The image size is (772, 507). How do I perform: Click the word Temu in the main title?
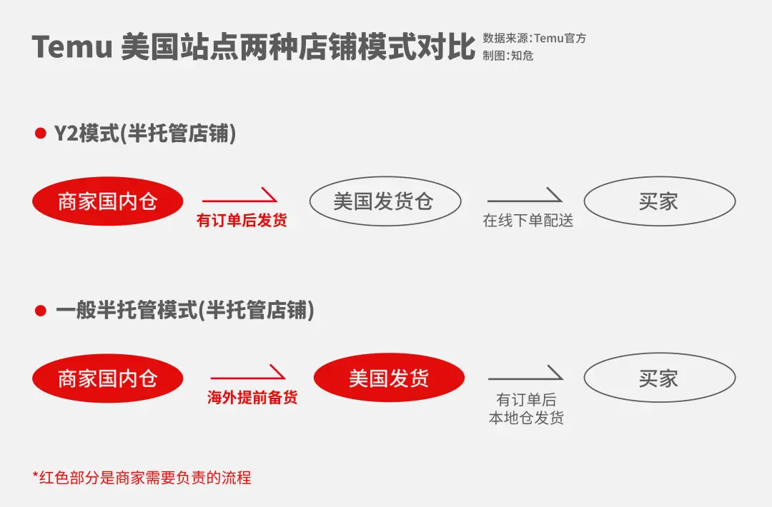click(72, 47)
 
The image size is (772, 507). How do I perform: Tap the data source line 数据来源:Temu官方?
click(534, 39)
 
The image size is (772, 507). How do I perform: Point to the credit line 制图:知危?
click(508, 56)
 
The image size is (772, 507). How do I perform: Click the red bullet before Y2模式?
click(40, 134)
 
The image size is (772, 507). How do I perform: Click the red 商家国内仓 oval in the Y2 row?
click(107, 201)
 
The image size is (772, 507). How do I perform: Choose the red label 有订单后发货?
click(242, 221)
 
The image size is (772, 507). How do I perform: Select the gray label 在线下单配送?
click(528, 221)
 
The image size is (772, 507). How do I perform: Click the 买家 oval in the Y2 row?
click(659, 201)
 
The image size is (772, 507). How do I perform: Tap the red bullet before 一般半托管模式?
click(40, 311)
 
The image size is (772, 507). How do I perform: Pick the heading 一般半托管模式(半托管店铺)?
click(184, 311)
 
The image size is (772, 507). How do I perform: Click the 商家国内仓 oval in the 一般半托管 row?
click(107, 378)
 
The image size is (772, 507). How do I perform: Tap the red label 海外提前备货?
click(252, 398)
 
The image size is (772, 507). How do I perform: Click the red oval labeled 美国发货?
click(389, 378)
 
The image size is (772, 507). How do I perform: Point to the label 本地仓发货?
click(526, 418)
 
